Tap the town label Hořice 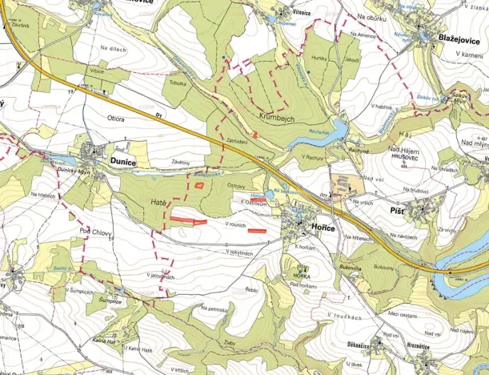(320, 228)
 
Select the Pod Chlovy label (95, 232)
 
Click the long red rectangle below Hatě (190, 218)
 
